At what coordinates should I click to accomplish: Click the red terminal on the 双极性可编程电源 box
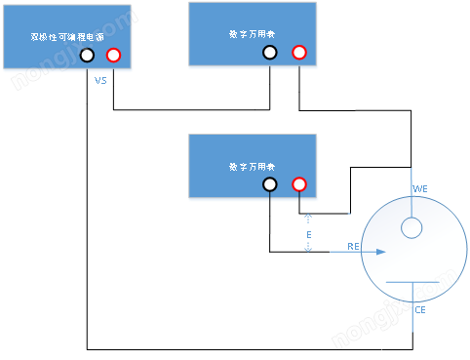(114, 56)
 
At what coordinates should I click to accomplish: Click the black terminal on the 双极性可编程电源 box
(88, 56)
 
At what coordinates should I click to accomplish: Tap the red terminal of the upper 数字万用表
(299, 53)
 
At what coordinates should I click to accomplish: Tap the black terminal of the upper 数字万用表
(270, 53)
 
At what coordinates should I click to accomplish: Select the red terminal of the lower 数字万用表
(299, 184)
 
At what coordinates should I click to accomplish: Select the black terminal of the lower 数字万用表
(270, 184)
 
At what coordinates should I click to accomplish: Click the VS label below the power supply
(100, 81)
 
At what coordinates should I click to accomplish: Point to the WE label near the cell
(420, 188)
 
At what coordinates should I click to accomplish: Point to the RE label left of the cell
(354, 248)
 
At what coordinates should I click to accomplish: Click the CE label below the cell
(420, 310)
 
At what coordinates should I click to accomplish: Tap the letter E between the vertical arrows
(308, 235)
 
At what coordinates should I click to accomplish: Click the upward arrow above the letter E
(308, 219)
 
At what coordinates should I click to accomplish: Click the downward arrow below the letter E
(308, 250)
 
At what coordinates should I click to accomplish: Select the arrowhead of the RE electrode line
(381, 252)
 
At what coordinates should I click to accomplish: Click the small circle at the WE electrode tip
(411, 228)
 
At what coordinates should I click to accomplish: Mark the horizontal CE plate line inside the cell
(412, 282)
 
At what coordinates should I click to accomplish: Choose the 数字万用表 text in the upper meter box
(252, 34)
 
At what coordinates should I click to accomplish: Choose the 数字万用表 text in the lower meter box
(252, 166)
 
